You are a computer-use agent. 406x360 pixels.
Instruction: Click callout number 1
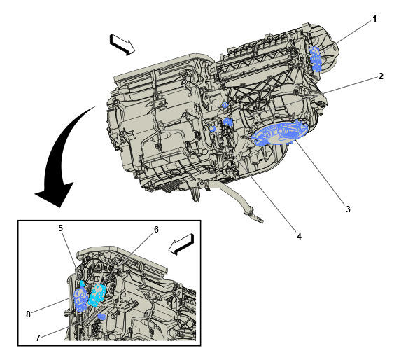click(x=374, y=19)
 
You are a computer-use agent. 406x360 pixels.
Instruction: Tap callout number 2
click(x=381, y=76)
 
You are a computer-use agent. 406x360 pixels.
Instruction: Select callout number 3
click(x=348, y=209)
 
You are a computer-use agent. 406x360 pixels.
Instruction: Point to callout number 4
click(x=299, y=236)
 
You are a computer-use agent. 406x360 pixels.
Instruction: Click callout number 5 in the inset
click(x=60, y=228)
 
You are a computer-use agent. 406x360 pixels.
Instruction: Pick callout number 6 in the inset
click(x=156, y=230)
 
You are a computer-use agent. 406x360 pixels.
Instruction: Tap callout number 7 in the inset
click(x=38, y=338)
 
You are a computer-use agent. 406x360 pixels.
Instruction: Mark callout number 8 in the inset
click(x=28, y=314)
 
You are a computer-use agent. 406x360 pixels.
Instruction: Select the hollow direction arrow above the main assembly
click(x=122, y=44)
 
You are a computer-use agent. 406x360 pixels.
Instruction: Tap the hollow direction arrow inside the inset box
click(x=181, y=244)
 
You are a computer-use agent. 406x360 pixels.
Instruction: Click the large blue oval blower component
click(x=280, y=133)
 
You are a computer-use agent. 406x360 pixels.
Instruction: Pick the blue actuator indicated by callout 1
click(x=316, y=59)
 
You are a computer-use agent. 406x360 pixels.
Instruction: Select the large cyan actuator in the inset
click(x=97, y=296)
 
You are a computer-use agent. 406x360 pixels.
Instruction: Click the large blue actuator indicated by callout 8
click(x=80, y=300)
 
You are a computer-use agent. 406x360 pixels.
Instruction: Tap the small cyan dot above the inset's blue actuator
click(x=83, y=283)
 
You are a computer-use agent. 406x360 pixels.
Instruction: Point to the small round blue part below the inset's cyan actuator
click(x=102, y=317)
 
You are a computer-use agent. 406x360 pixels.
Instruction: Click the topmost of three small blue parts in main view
click(x=225, y=104)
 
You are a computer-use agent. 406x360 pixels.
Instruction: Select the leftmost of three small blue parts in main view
click(x=213, y=129)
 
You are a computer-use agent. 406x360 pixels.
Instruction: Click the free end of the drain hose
click(x=262, y=221)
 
